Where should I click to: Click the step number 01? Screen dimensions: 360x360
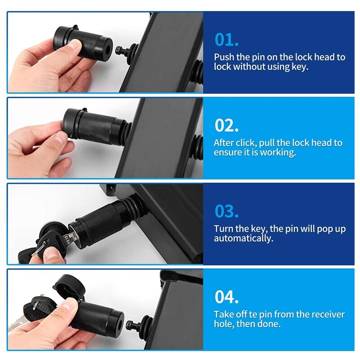click(x=226, y=40)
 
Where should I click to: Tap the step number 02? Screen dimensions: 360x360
click(x=226, y=125)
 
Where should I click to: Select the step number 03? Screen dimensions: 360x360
click(x=226, y=211)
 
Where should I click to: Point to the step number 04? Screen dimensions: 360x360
click(x=226, y=297)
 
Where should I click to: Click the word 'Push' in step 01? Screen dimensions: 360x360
click(x=224, y=58)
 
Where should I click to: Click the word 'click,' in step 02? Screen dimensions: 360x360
click(x=247, y=143)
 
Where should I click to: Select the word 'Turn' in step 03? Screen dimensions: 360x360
click(x=223, y=229)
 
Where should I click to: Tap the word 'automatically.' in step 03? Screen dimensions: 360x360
click(x=243, y=238)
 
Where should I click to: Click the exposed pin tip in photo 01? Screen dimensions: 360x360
click(x=120, y=50)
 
